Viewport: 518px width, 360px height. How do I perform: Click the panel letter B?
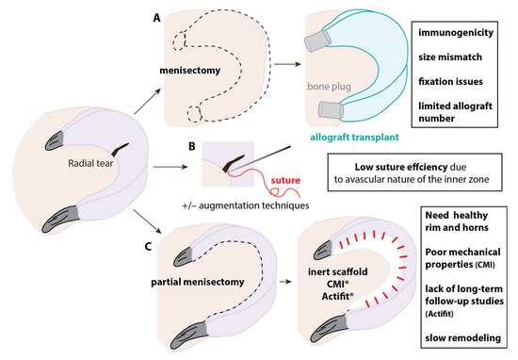pyautogui.click(x=191, y=146)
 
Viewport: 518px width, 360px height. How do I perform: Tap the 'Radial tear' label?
pyautogui.click(x=67, y=161)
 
